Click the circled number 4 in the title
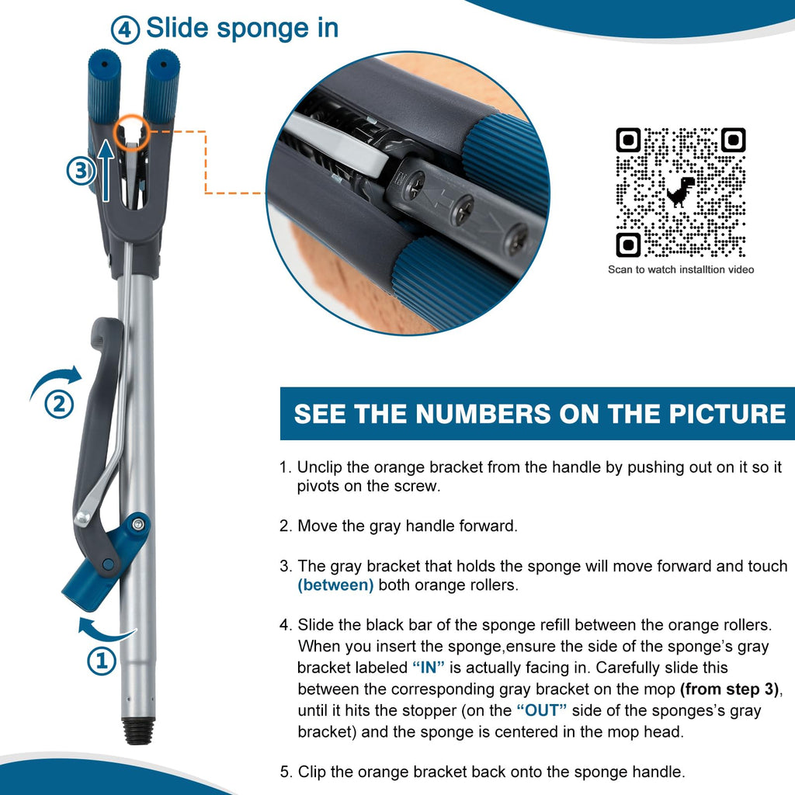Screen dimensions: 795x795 pyautogui.click(x=125, y=30)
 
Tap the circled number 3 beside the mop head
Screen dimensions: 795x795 pyautogui.click(x=81, y=170)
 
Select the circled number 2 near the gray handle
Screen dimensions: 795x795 pyautogui.click(x=59, y=404)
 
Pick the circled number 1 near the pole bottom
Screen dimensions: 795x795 pyautogui.click(x=102, y=660)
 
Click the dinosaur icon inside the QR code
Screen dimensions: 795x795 pyautogui.click(x=680, y=191)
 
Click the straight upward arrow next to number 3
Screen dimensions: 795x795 pyautogui.click(x=106, y=170)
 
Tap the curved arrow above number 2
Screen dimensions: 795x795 pyautogui.click(x=56, y=380)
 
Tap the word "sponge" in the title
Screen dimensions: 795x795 pyautogui.click(x=262, y=29)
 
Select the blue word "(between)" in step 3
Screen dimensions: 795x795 pyautogui.click(x=335, y=585)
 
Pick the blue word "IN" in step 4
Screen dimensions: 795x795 pyautogui.click(x=429, y=667)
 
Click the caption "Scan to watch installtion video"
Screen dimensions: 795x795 pyautogui.click(x=681, y=269)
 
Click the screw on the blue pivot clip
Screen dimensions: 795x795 pyautogui.click(x=137, y=524)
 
